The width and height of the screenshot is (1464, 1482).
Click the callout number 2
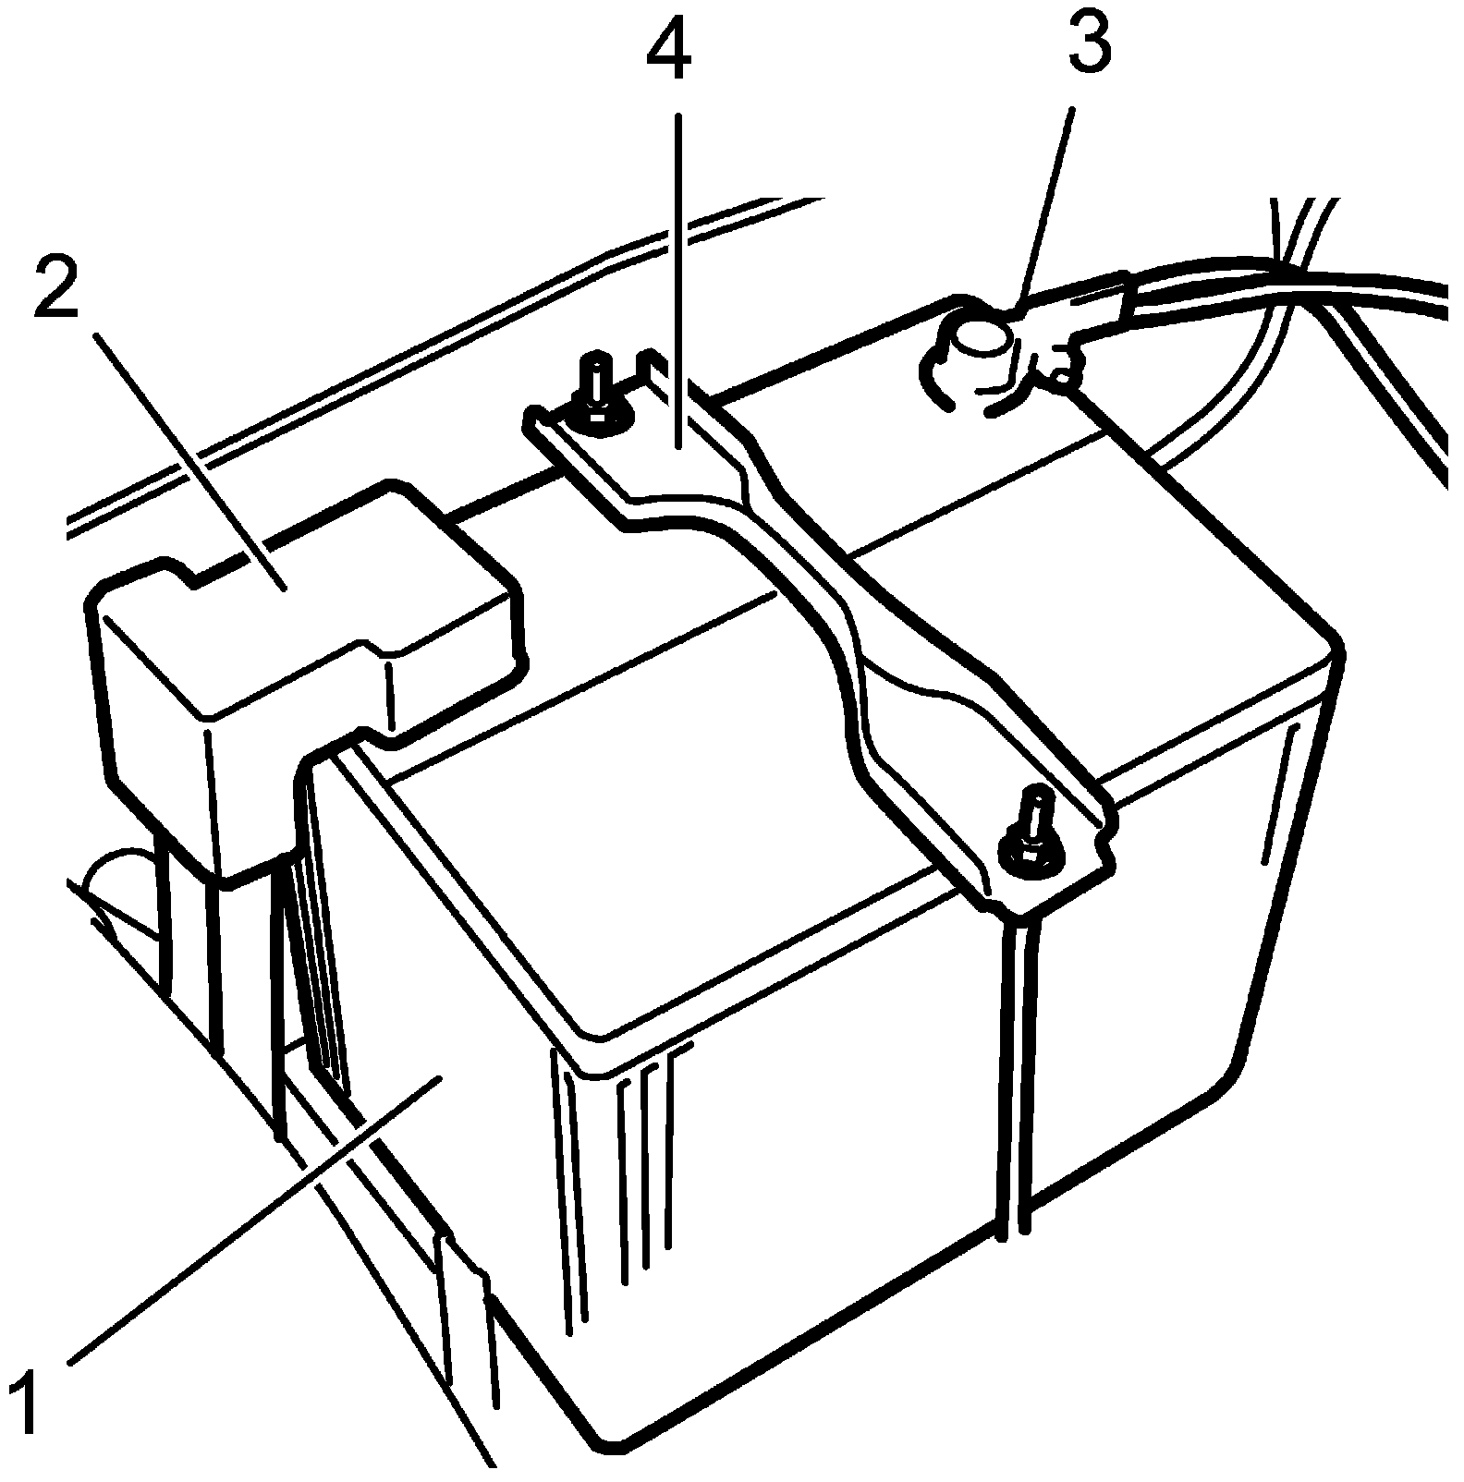57,287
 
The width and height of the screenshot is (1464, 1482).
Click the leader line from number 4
678,277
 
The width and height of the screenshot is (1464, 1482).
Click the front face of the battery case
786,1201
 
